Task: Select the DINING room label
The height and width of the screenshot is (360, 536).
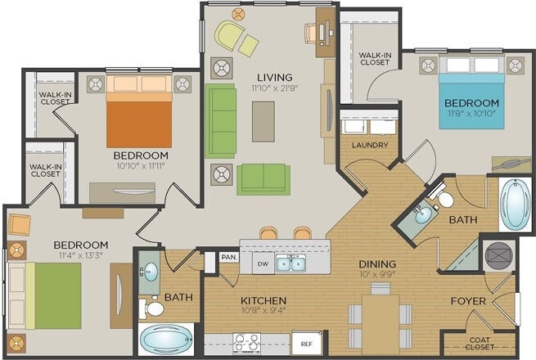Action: [x=377, y=264]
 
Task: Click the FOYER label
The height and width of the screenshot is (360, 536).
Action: [x=469, y=301]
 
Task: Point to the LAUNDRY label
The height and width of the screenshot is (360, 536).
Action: [x=369, y=146]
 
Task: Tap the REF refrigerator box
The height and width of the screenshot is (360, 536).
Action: [x=306, y=344]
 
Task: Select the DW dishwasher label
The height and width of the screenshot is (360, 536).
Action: [x=262, y=264]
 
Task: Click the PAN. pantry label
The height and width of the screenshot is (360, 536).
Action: [x=229, y=257]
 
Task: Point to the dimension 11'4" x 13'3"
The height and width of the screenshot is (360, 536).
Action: [x=80, y=256]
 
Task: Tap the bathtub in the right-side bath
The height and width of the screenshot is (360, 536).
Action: [x=515, y=204]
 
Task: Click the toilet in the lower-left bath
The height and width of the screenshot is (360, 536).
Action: [x=152, y=308]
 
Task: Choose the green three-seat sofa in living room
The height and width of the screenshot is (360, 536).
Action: [x=221, y=120]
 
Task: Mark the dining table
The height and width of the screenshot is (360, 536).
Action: [x=381, y=318]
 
